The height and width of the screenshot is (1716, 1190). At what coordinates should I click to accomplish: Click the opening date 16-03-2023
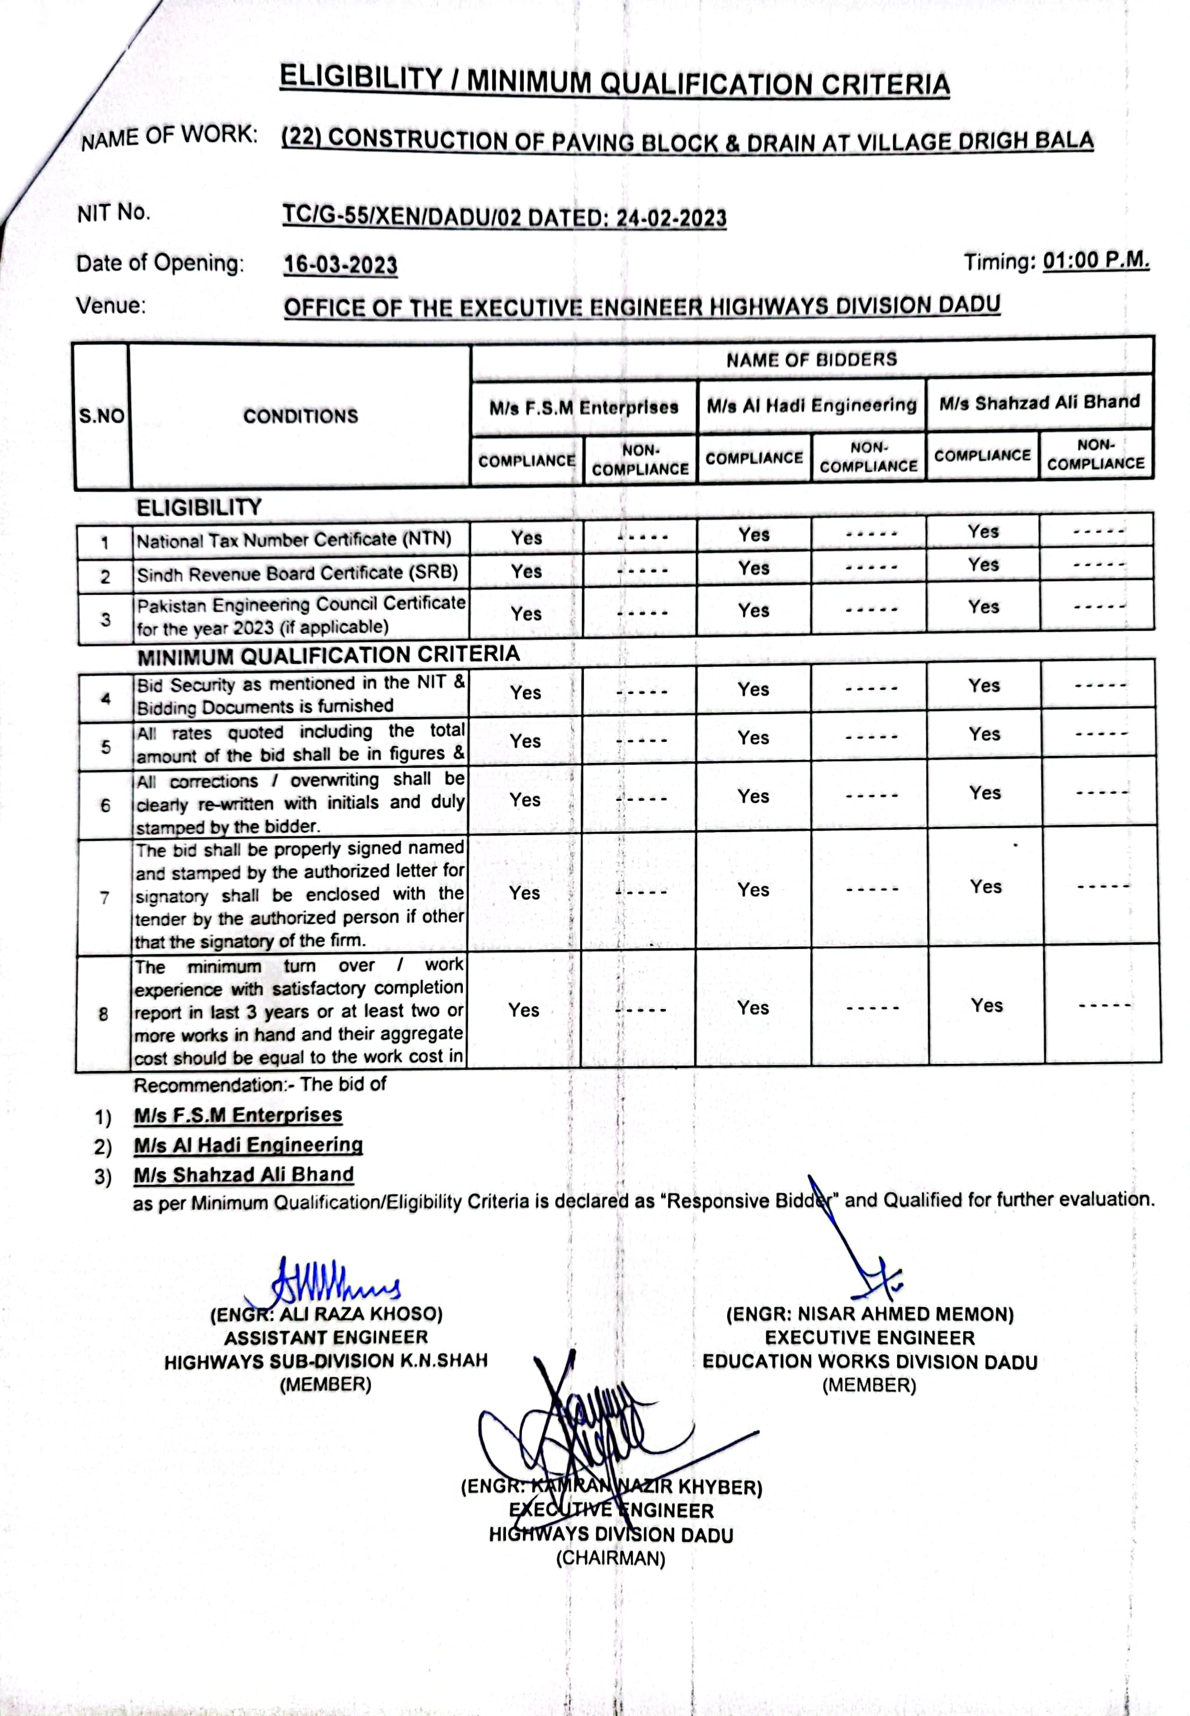point(341,266)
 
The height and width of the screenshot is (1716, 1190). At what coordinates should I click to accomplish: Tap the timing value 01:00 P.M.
point(1096,261)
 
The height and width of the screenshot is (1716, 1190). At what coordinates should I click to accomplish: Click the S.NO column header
point(102,416)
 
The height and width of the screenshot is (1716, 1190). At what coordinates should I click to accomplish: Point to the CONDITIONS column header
point(300,416)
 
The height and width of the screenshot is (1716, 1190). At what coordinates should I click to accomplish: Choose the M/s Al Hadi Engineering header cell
point(811,405)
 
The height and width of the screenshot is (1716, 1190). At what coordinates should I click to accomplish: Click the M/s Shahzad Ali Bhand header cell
point(1039,402)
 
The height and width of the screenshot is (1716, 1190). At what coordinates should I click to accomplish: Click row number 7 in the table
point(104,898)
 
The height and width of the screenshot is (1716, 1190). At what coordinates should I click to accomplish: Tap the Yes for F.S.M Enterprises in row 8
point(524,1010)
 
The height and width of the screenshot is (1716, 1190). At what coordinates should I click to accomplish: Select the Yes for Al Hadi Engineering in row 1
point(754,535)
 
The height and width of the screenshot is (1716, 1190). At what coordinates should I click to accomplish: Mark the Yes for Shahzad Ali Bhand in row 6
point(985,793)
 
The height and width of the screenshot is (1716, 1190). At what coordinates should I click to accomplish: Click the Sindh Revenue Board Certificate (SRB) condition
point(297,573)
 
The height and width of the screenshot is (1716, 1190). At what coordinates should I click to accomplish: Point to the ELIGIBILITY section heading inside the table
point(199,507)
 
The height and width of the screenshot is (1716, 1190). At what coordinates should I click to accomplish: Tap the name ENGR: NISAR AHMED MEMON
point(869,1314)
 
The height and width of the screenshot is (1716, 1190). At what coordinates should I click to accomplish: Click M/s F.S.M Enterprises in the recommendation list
point(238,1115)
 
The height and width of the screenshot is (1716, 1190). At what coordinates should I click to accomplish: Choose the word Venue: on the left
point(111,306)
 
